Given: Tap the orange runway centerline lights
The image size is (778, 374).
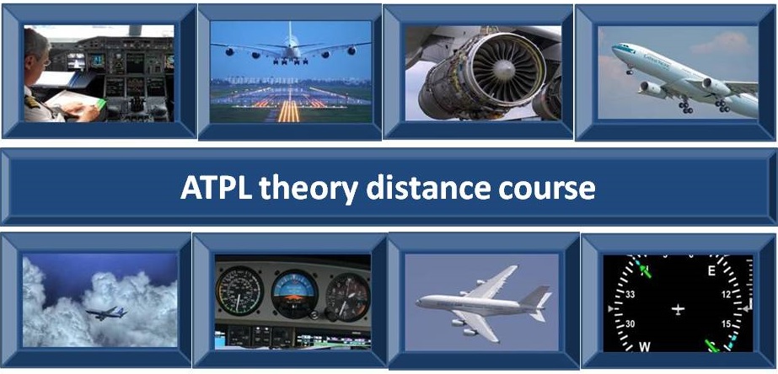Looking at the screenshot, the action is [289, 111].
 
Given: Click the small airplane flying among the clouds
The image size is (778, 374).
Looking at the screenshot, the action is [107, 313].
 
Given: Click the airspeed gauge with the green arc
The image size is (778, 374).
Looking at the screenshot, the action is [239, 291].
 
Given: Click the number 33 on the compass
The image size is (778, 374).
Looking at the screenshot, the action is [630, 295].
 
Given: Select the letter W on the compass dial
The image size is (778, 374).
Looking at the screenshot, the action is [645, 345].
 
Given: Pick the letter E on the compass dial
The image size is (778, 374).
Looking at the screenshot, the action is [711, 271].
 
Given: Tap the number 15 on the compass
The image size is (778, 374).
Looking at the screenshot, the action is [727, 324].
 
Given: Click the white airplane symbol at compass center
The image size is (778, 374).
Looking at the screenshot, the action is [678, 309].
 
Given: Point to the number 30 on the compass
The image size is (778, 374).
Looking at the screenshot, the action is [630, 324].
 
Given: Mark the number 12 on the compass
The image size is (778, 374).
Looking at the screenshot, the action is [727, 295].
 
